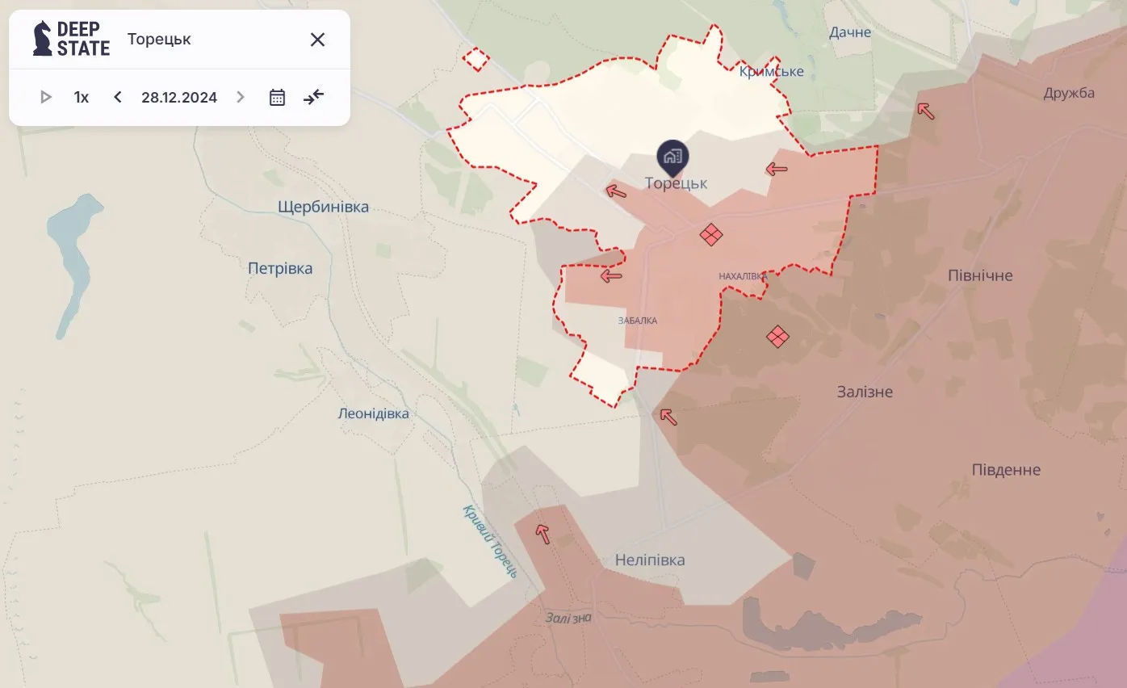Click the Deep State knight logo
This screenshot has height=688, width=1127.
(42, 39)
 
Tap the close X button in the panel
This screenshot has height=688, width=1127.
(317, 40)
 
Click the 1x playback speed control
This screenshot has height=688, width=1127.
(82, 98)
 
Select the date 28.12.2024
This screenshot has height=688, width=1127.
(179, 98)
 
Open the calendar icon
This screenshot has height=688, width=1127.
(277, 98)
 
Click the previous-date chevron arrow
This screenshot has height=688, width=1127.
(118, 98)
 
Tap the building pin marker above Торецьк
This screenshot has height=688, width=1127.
(672, 157)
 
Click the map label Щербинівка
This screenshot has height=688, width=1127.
(323, 207)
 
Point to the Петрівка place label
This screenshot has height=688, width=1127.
(280, 268)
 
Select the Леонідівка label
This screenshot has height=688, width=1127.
(373, 413)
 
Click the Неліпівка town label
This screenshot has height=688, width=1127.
(650, 560)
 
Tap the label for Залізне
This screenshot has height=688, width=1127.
(865, 392)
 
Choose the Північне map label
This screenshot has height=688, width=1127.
(980, 275)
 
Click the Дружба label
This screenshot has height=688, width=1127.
(1069, 93)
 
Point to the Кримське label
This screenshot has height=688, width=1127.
(772, 72)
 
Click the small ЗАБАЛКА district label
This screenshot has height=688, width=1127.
(638, 321)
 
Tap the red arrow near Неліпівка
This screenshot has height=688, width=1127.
(543, 533)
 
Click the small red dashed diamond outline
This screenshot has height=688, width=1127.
(476, 59)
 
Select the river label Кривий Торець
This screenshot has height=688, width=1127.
(491, 540)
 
